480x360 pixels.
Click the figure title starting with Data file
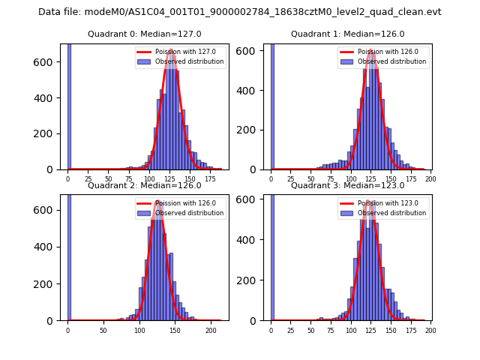240,12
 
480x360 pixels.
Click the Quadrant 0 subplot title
144,34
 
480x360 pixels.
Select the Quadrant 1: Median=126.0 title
347,34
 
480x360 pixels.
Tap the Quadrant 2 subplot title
144,185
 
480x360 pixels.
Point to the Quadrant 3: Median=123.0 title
347,185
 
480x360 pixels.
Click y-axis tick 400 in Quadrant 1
253,90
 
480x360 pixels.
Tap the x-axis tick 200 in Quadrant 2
211,330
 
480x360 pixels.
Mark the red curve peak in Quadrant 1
371,50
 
